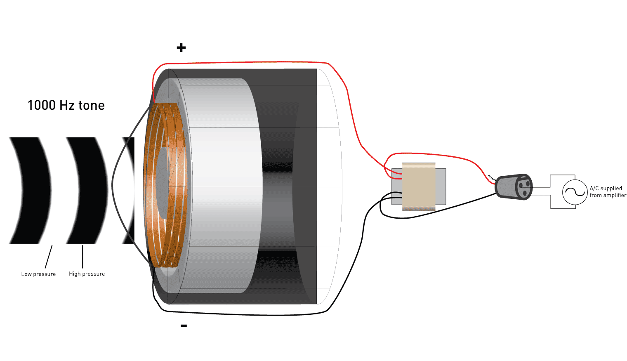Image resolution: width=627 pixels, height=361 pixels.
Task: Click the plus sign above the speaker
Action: point(181,48)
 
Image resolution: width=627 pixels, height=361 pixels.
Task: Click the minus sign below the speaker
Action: point(184,326)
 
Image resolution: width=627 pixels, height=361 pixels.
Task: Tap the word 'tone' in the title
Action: point(91,106)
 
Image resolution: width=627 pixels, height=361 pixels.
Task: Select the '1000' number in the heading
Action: point(41,106)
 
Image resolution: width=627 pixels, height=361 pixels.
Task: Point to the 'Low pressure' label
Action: point(38,274)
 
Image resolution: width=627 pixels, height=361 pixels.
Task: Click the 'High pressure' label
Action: point(87,274)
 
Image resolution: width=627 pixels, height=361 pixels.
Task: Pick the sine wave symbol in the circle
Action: point(575,192)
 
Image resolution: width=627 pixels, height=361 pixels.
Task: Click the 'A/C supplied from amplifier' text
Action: point(607,192)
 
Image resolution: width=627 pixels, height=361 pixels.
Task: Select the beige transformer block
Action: point(419,186)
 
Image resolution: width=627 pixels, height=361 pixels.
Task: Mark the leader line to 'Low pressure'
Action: point(49,257)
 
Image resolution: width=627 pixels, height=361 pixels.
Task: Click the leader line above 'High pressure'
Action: point(83,257)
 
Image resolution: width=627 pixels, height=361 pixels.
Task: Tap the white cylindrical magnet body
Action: point(223,186)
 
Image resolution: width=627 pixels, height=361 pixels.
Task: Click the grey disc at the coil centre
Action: point(162,184)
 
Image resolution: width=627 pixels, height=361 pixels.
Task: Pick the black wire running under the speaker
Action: point(247,315)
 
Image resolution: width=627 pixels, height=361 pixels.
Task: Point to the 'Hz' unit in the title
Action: point(67,106)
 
